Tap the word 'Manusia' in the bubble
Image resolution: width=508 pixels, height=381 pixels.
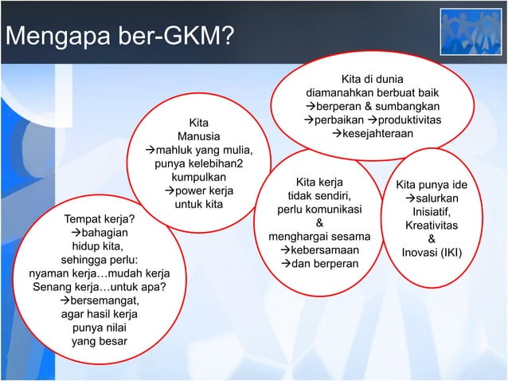pyautogui.click(x=199, y=136)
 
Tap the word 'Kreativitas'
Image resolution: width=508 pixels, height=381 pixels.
pyautogui.click(x=431, y=226)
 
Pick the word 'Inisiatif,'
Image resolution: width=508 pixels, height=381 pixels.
pyautogui.click(x=432, y=211)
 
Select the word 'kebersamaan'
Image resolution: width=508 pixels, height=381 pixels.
pyautogui.click(x=323, y=249)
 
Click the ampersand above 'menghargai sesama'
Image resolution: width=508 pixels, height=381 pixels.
pyautogui.click(x=319, y=223)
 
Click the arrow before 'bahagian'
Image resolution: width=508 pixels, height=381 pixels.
pyautogui.click(x=67, y=233)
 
